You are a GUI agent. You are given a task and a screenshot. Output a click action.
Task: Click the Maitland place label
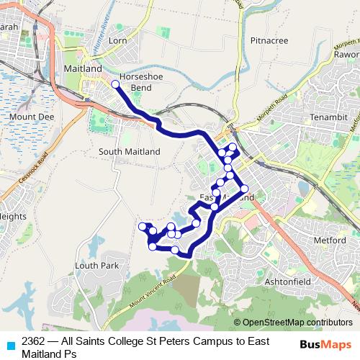83,68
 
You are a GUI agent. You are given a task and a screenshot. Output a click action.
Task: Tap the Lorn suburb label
117,41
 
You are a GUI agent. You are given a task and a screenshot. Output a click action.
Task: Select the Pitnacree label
269,41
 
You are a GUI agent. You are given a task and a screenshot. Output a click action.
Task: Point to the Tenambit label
328,117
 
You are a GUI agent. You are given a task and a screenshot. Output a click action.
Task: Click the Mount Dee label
32,116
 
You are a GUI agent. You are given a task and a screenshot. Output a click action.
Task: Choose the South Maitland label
130,152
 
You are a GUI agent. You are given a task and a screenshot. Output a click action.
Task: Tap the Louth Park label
96,266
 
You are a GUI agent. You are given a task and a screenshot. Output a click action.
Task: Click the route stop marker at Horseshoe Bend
115,85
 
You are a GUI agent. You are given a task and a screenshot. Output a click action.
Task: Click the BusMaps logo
325,343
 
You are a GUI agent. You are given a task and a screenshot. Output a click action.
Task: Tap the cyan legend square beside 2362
9,344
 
